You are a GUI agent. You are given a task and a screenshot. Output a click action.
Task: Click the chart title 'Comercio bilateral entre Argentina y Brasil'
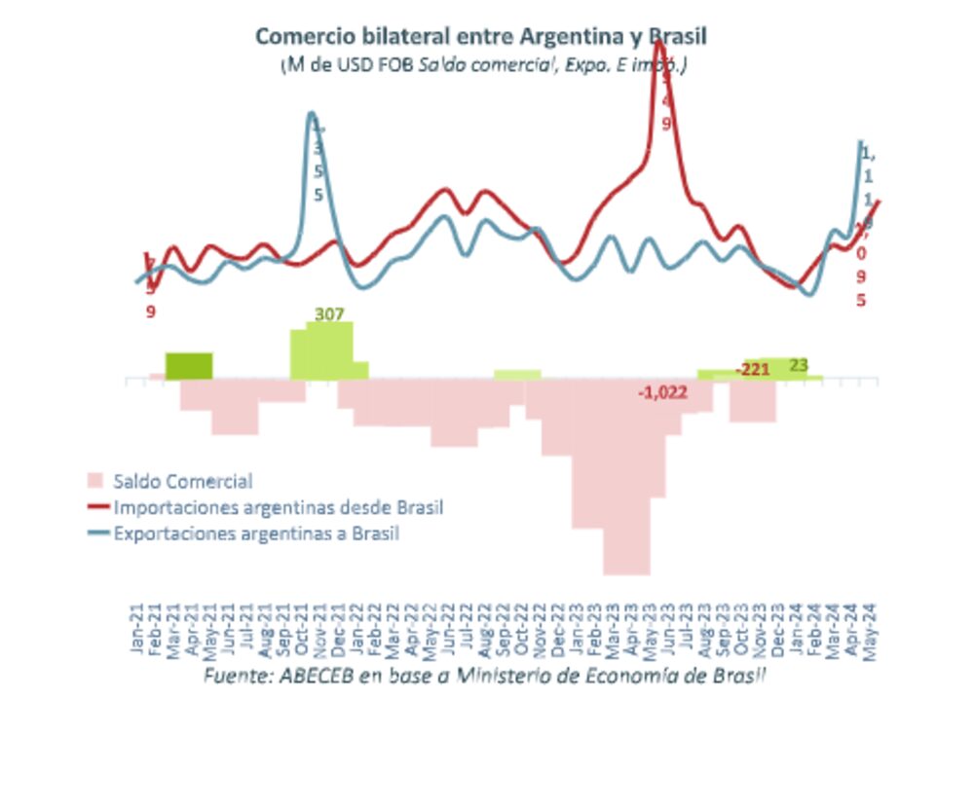pyautogui.click(x=480, y=36)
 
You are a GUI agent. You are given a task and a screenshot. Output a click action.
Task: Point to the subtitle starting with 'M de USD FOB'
pyautogui.click(x=484, y=65)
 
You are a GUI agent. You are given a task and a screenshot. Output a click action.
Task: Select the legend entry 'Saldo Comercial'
pyautogui.click(x=182, y=481)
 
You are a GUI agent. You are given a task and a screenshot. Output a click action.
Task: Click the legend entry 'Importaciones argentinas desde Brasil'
pyautogui.click(x=278, y=507)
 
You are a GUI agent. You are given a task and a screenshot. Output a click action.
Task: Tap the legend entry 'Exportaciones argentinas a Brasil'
pyautogui.click(x=256, y=534)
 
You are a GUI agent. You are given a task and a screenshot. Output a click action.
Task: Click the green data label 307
pyautogui.click(x=330, y=314)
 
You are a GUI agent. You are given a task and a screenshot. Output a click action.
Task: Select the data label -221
pyautogui.click(x=753, y=370)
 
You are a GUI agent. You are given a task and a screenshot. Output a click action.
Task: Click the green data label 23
pyautogui.click(x=799, y=365)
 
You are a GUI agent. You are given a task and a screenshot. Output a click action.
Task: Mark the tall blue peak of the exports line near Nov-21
pyautogui.click(x=312, y=116)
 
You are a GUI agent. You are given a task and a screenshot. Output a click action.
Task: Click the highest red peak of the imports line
pyautogui.click(x=658, y=41)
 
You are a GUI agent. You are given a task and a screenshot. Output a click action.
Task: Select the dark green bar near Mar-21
pyautogui.click(x=189, y=366)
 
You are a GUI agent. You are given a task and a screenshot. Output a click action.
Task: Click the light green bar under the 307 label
pyautogui.click(x=328, y=350)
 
